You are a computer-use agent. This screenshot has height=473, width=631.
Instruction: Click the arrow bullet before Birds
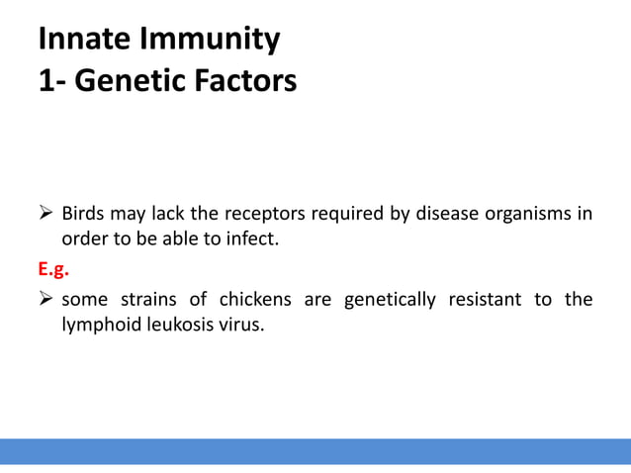[45, 214]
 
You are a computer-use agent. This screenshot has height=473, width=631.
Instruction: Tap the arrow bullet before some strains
[45, 300]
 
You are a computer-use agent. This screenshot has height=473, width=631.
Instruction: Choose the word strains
[150, 300]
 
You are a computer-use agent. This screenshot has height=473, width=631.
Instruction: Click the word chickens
[256, 300]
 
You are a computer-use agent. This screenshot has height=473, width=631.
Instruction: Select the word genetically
[388, 300]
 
